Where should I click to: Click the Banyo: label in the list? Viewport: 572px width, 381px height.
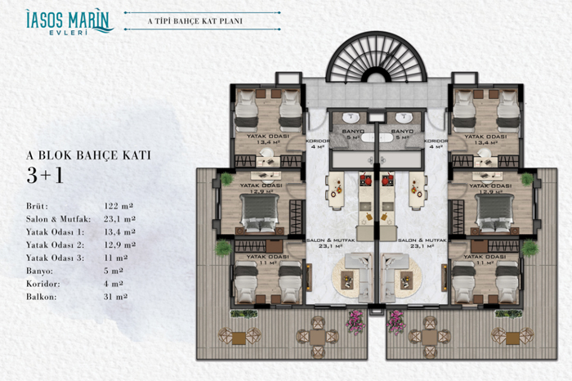(39, 271)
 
